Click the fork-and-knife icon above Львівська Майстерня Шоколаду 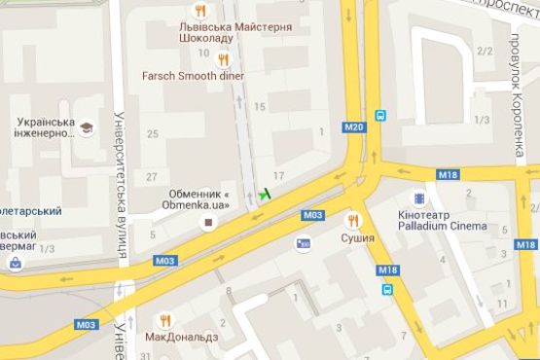click(200, 10)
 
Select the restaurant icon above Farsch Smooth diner click(222, 58)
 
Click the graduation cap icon click(87, 127)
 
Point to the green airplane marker click(264, 195)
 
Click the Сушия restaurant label click(357, 236)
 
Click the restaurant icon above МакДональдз click(165, 319)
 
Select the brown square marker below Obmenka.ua click(206, 223)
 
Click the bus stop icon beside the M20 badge click(380, 115)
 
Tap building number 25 click(151, 133)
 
